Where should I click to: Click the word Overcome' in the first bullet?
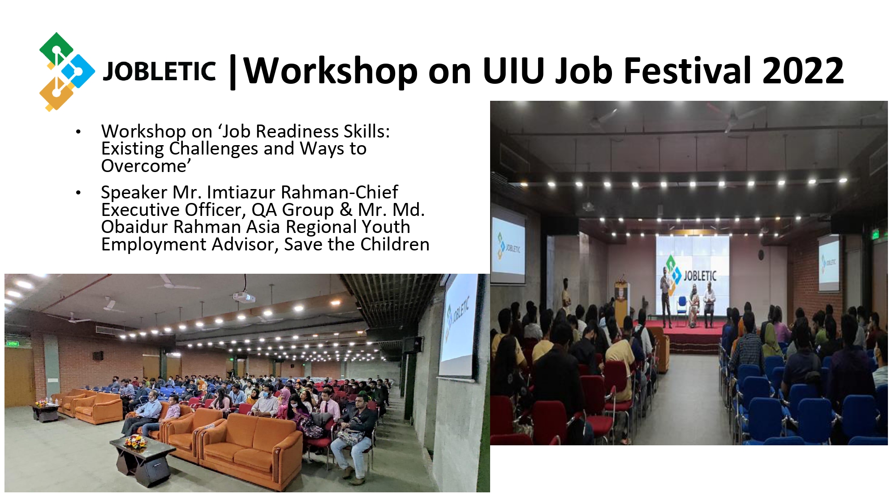(146, 166)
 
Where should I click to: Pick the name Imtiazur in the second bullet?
(241, 192)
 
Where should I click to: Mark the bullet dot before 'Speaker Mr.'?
(78, 193)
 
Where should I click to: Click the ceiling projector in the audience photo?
(244, 296)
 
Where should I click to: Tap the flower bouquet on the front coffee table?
(135, 442)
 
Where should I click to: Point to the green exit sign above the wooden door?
(12, 344)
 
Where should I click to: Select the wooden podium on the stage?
(622, 298)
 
